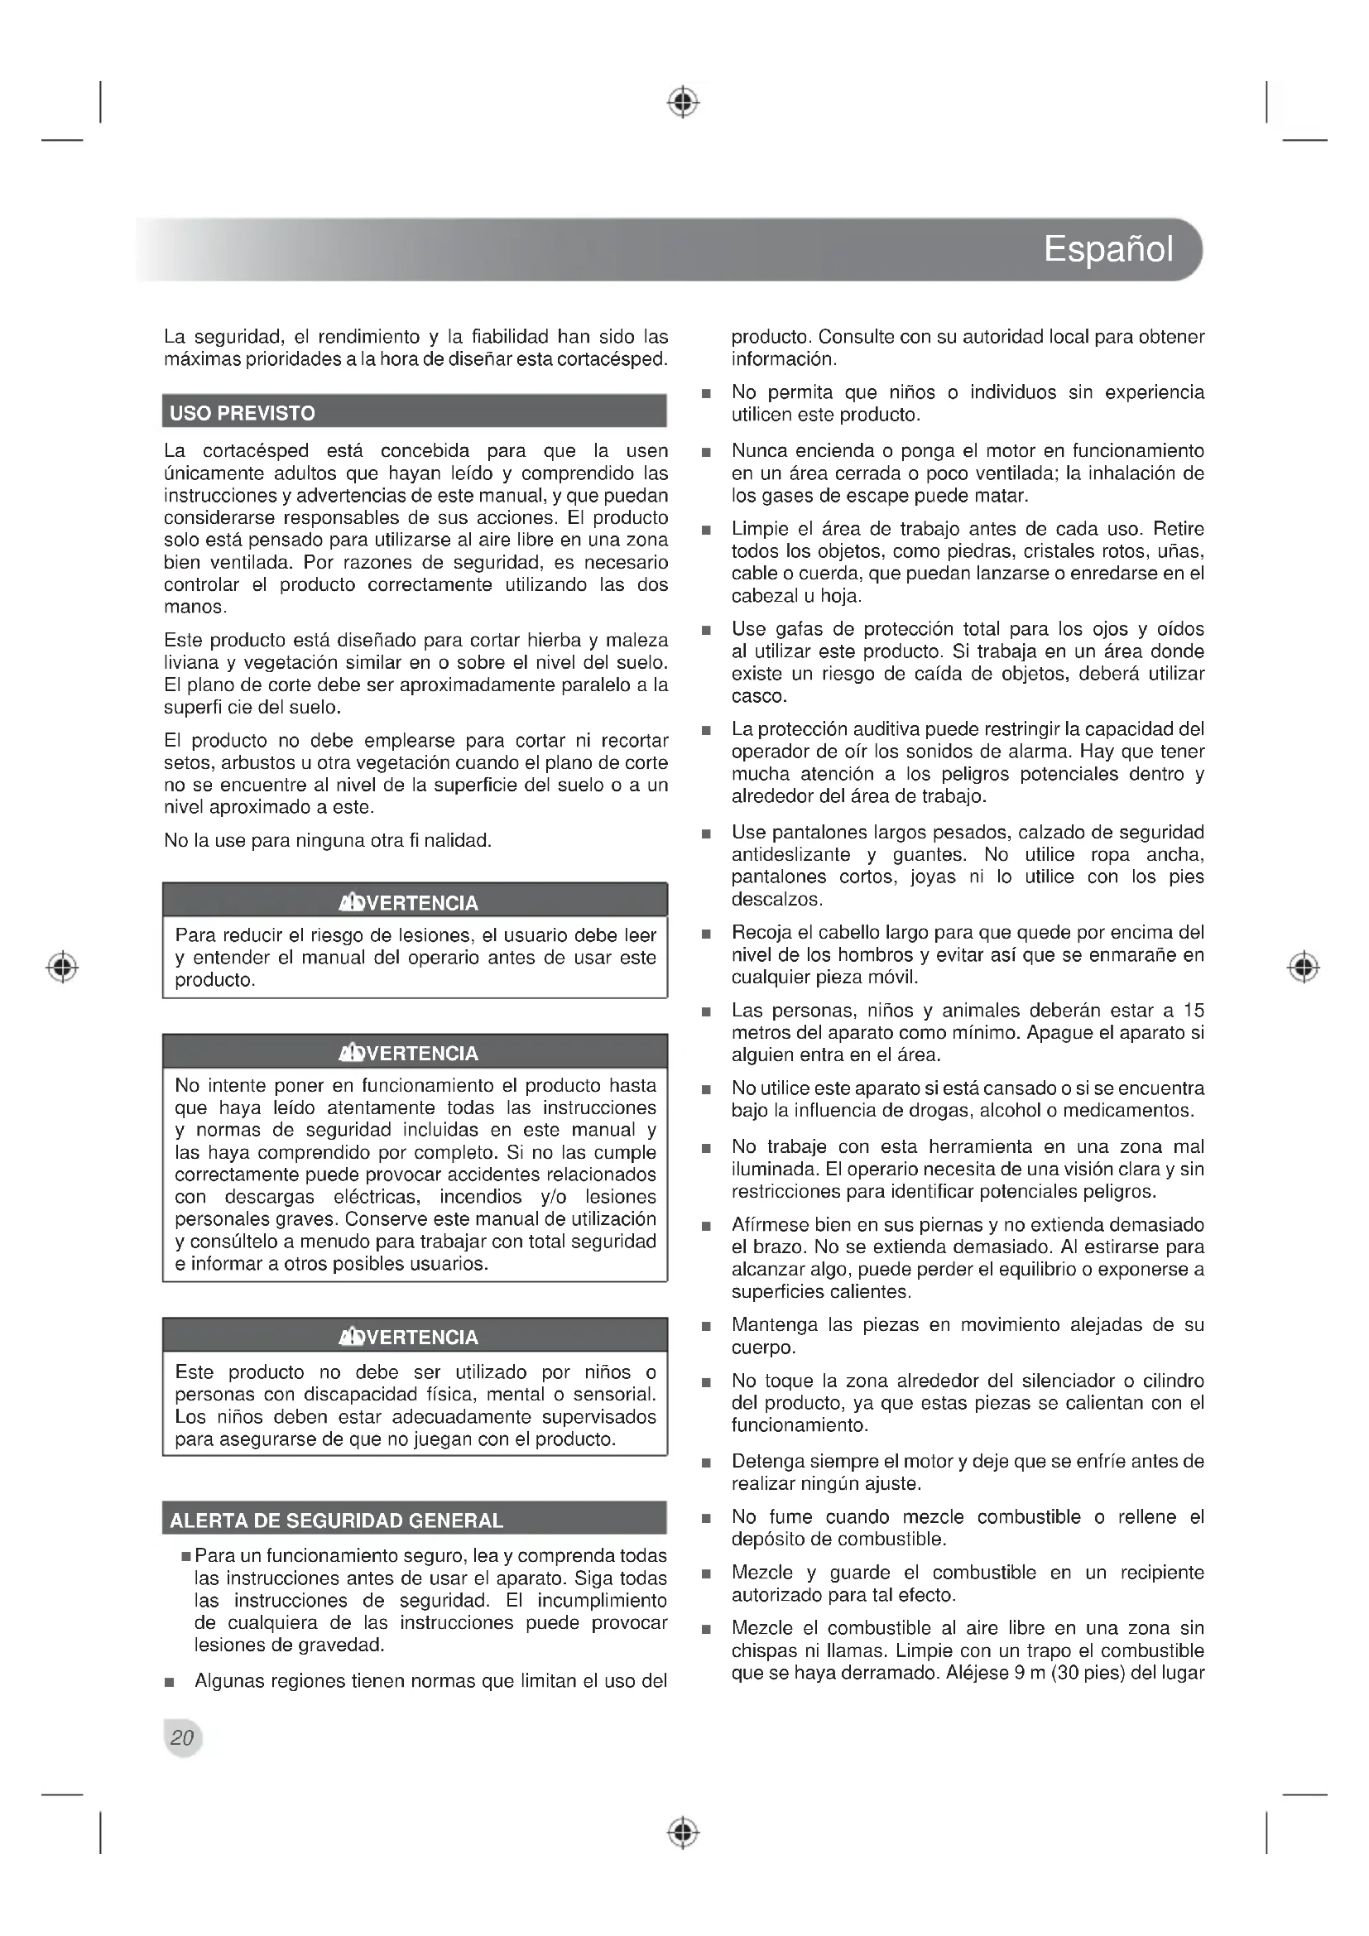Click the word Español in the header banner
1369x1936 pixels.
(1107, 250)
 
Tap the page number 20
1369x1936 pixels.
(182, 1737)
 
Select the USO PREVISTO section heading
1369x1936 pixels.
(243, 413)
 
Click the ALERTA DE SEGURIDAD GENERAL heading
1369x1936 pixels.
(336, 1520)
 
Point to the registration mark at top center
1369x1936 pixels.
(684, 102)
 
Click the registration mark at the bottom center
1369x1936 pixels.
(684, 1833)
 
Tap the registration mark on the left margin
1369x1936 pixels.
(62, 966)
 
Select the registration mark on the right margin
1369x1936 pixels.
(1304, 966)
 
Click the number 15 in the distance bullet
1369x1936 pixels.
(1193, 1010)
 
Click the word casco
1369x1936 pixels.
(758, 696)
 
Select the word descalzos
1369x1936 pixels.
(776, 900)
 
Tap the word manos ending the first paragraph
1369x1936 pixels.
(194, 607)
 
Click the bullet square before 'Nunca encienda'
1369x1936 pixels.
(706, 453)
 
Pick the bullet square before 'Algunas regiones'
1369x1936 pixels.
(170, 1682)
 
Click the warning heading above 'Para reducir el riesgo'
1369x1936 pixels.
(409, 903)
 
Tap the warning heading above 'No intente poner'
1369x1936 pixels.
(409, 1053)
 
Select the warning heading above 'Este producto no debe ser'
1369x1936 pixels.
(409, 1337)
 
